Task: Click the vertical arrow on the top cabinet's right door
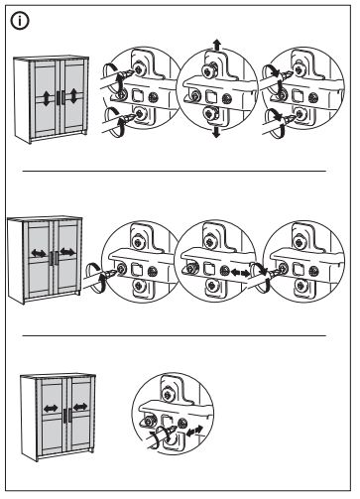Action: pyautogui.click(x=75, y=99)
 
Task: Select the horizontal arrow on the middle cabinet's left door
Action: pyautogui.click(x=38, y=253)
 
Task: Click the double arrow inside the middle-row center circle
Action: pyautogui.click(x=238, y=270)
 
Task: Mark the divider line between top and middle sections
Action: pyautogui.click(x=177, y=171)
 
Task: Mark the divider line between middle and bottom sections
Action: pyautogui.click(x=177, y=334)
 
